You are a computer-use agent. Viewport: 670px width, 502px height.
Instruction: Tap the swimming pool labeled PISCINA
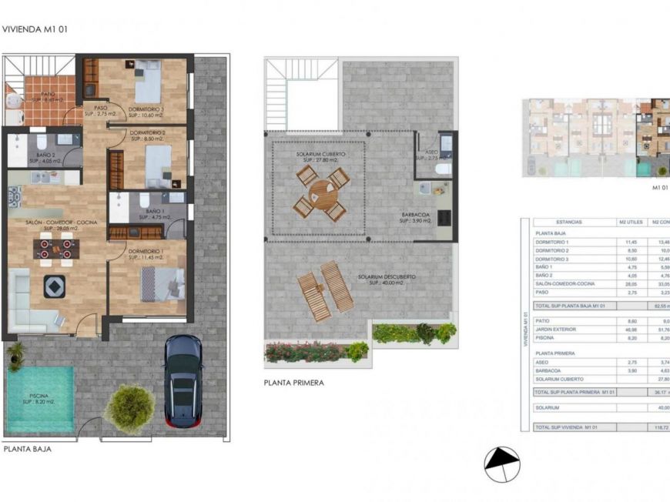click(41, 397)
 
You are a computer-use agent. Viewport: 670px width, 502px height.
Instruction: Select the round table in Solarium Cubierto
click(322, 194)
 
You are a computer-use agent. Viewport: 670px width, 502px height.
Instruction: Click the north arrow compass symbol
click(502, 464)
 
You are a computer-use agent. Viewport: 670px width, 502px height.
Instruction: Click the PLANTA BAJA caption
click(28, 449)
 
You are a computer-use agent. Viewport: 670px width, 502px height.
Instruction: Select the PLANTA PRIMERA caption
click(293, 382)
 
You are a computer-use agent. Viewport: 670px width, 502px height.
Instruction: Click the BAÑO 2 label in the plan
click(42, 156)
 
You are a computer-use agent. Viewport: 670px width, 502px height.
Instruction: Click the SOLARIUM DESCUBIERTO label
click(387, 277)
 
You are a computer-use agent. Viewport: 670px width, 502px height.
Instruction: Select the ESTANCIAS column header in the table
click(568, 222)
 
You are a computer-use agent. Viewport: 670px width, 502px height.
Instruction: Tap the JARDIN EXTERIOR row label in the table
click(556, 328)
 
